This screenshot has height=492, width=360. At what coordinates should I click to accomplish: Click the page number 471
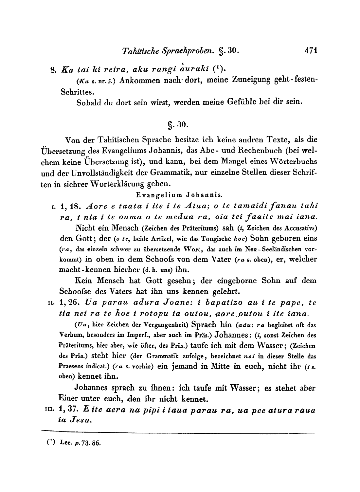click(311, 51)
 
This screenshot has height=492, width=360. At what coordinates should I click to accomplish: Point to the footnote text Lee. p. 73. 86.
click(81, 444)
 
